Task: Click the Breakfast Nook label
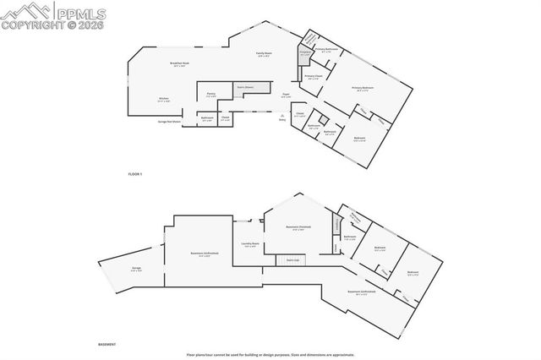179,65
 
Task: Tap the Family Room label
264,54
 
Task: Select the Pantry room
211,95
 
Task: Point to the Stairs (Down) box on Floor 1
249,86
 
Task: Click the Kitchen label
164,100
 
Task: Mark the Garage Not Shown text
170,121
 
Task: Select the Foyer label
287,95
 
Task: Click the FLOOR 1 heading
135,173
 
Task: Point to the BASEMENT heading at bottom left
107,345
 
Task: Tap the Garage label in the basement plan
136,269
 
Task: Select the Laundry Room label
249,245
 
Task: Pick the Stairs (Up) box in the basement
291,260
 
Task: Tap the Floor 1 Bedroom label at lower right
358,138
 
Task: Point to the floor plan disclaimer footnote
270,354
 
